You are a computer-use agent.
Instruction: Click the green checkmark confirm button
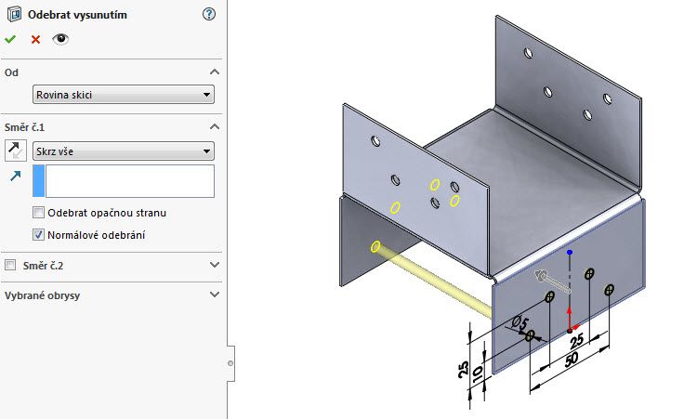(x=10, y=39)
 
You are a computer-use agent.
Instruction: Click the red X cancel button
(x=35, y=39)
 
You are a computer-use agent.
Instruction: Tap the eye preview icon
(x=60, y=39)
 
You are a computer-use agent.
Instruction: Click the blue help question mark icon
(x=208, y=15)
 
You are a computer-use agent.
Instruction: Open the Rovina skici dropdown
(x=123, y=95)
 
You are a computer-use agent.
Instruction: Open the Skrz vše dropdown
(x=123, y=151)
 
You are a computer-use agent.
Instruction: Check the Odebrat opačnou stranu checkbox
(x=39, y=213)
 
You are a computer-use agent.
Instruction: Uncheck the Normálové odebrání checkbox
(x=39, y=235)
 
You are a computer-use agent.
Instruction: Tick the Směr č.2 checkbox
(x=11, y=266)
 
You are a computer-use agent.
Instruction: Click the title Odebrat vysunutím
(x=78, y=15)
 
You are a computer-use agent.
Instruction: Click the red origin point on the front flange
(x=570, y=330)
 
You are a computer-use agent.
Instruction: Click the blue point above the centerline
(x=570, y=253)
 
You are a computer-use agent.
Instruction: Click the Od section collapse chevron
(x=215, y=72)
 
